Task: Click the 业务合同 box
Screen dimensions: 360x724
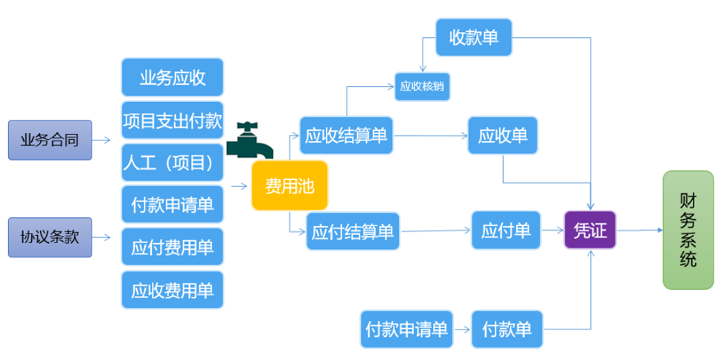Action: (50, 139)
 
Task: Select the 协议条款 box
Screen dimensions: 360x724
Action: (50, 237)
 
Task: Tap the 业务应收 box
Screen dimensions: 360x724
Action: (172, 77)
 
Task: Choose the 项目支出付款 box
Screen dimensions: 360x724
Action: (172, 120)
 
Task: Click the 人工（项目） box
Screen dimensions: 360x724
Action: (172, 162)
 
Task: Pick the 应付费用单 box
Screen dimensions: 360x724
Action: (172, 247)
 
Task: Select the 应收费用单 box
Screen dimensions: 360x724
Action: (172, 289)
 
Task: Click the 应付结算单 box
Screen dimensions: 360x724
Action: (353, 231)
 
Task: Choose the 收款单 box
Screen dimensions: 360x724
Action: (474, 36)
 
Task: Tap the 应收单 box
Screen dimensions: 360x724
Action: (503, 135)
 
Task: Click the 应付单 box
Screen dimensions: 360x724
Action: (506, 231)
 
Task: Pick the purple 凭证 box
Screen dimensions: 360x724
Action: (590, 230)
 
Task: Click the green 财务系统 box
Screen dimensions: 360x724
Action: (688, 230)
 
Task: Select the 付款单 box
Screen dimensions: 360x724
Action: (507, 328)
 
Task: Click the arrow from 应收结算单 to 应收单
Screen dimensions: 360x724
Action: (431, 136)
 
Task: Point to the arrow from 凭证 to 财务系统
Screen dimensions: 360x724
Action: (640, 230)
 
